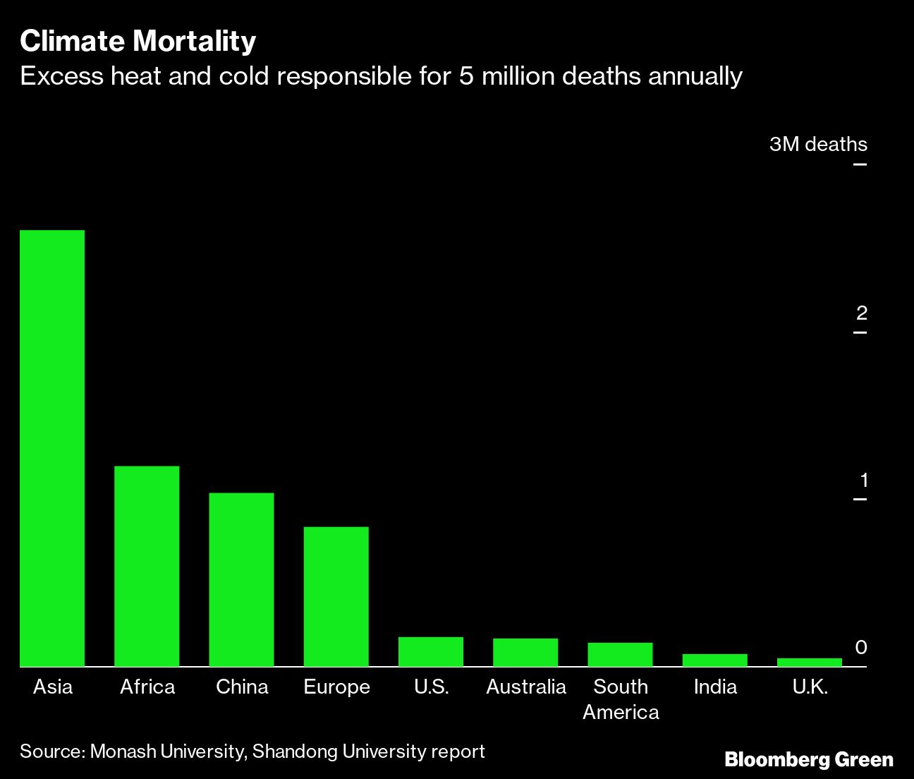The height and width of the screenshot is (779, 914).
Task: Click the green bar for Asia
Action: click(x=52, y=448)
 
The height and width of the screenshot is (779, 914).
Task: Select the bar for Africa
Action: click(x=147, y=566)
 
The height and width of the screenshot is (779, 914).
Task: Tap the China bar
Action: click(x=241, y=579)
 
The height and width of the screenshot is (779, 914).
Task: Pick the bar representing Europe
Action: click(x=336, y=596)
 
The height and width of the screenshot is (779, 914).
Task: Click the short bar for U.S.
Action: click(x=430, y=652)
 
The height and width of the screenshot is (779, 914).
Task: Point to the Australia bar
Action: click(x=525, y=653)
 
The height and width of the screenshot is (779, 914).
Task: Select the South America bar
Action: click(x=620, y=655)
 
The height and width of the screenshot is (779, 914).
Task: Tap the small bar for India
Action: click(x=714, y=660)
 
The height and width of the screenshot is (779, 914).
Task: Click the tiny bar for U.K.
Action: click(x=809, y=663)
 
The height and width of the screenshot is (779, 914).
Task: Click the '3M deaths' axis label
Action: click(x=818, y=145)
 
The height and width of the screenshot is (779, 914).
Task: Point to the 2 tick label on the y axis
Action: click(x=861, y=313)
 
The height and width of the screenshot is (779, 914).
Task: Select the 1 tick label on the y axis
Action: click(x=863, y=481)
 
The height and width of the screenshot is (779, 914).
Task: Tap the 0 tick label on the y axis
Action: click(x=861, y=647)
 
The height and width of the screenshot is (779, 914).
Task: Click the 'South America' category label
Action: click(x=621, y=699)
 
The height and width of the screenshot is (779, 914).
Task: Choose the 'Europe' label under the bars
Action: click(x=336, y=687)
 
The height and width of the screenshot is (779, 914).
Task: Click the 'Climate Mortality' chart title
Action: click(x=138, y=41)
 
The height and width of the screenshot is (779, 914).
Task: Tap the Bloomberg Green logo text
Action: click(x=809, y=759)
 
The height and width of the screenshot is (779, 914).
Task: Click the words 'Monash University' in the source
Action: click(x=166, y=751)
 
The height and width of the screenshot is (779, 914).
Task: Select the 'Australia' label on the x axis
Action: click(x=526, y=687)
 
